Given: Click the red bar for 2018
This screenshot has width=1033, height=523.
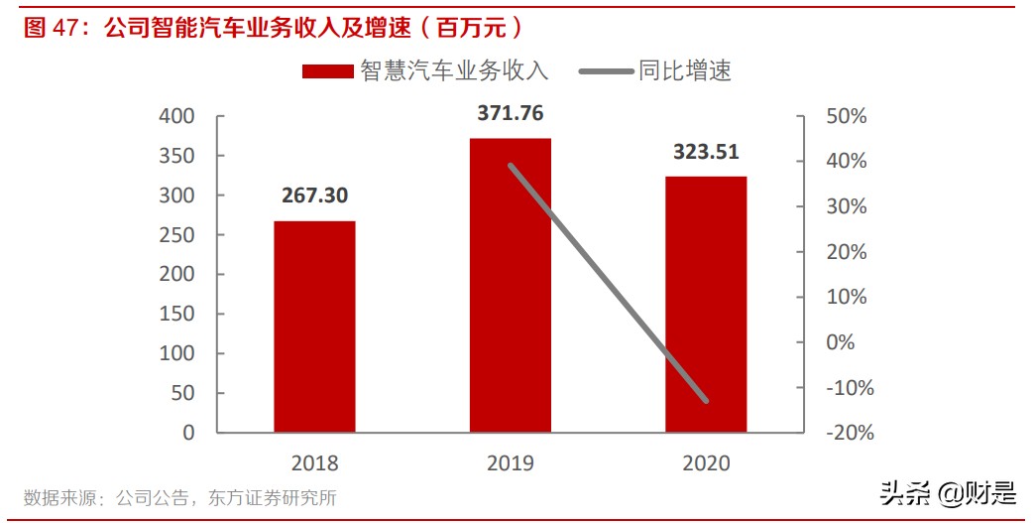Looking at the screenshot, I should pyautogui.click(x=314, y=327).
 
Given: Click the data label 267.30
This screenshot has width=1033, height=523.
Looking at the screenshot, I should pyautogui.click(x=314, y=196).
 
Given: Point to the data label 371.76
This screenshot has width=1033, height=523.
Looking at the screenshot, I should pyautogui.click(x=511, y=113).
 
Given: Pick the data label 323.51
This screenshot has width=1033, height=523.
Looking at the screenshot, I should pyautogui.click(x=706, y=152).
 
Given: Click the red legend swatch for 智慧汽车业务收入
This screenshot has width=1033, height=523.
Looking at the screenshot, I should pyautogui.click(x=327, y=70).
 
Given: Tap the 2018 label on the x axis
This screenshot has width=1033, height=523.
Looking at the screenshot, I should pyautogui.click(x=314, y=463).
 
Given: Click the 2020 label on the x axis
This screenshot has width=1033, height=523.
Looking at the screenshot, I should pyautogui.click(x=706, y=463).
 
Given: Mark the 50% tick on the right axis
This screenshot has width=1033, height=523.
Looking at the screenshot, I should pyautogui.click(x=846, y=116).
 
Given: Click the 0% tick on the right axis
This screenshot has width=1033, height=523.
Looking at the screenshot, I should pyautogui.click(x=841, y=342).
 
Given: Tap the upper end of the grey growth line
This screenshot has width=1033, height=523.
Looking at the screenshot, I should pyautogui.click(x=511, y=166).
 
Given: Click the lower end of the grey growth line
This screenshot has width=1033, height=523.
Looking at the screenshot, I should pyautogui.click(x=706, y=401).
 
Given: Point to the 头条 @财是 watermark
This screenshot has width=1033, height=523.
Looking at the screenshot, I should pyautogui.click(x=948, y=492).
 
